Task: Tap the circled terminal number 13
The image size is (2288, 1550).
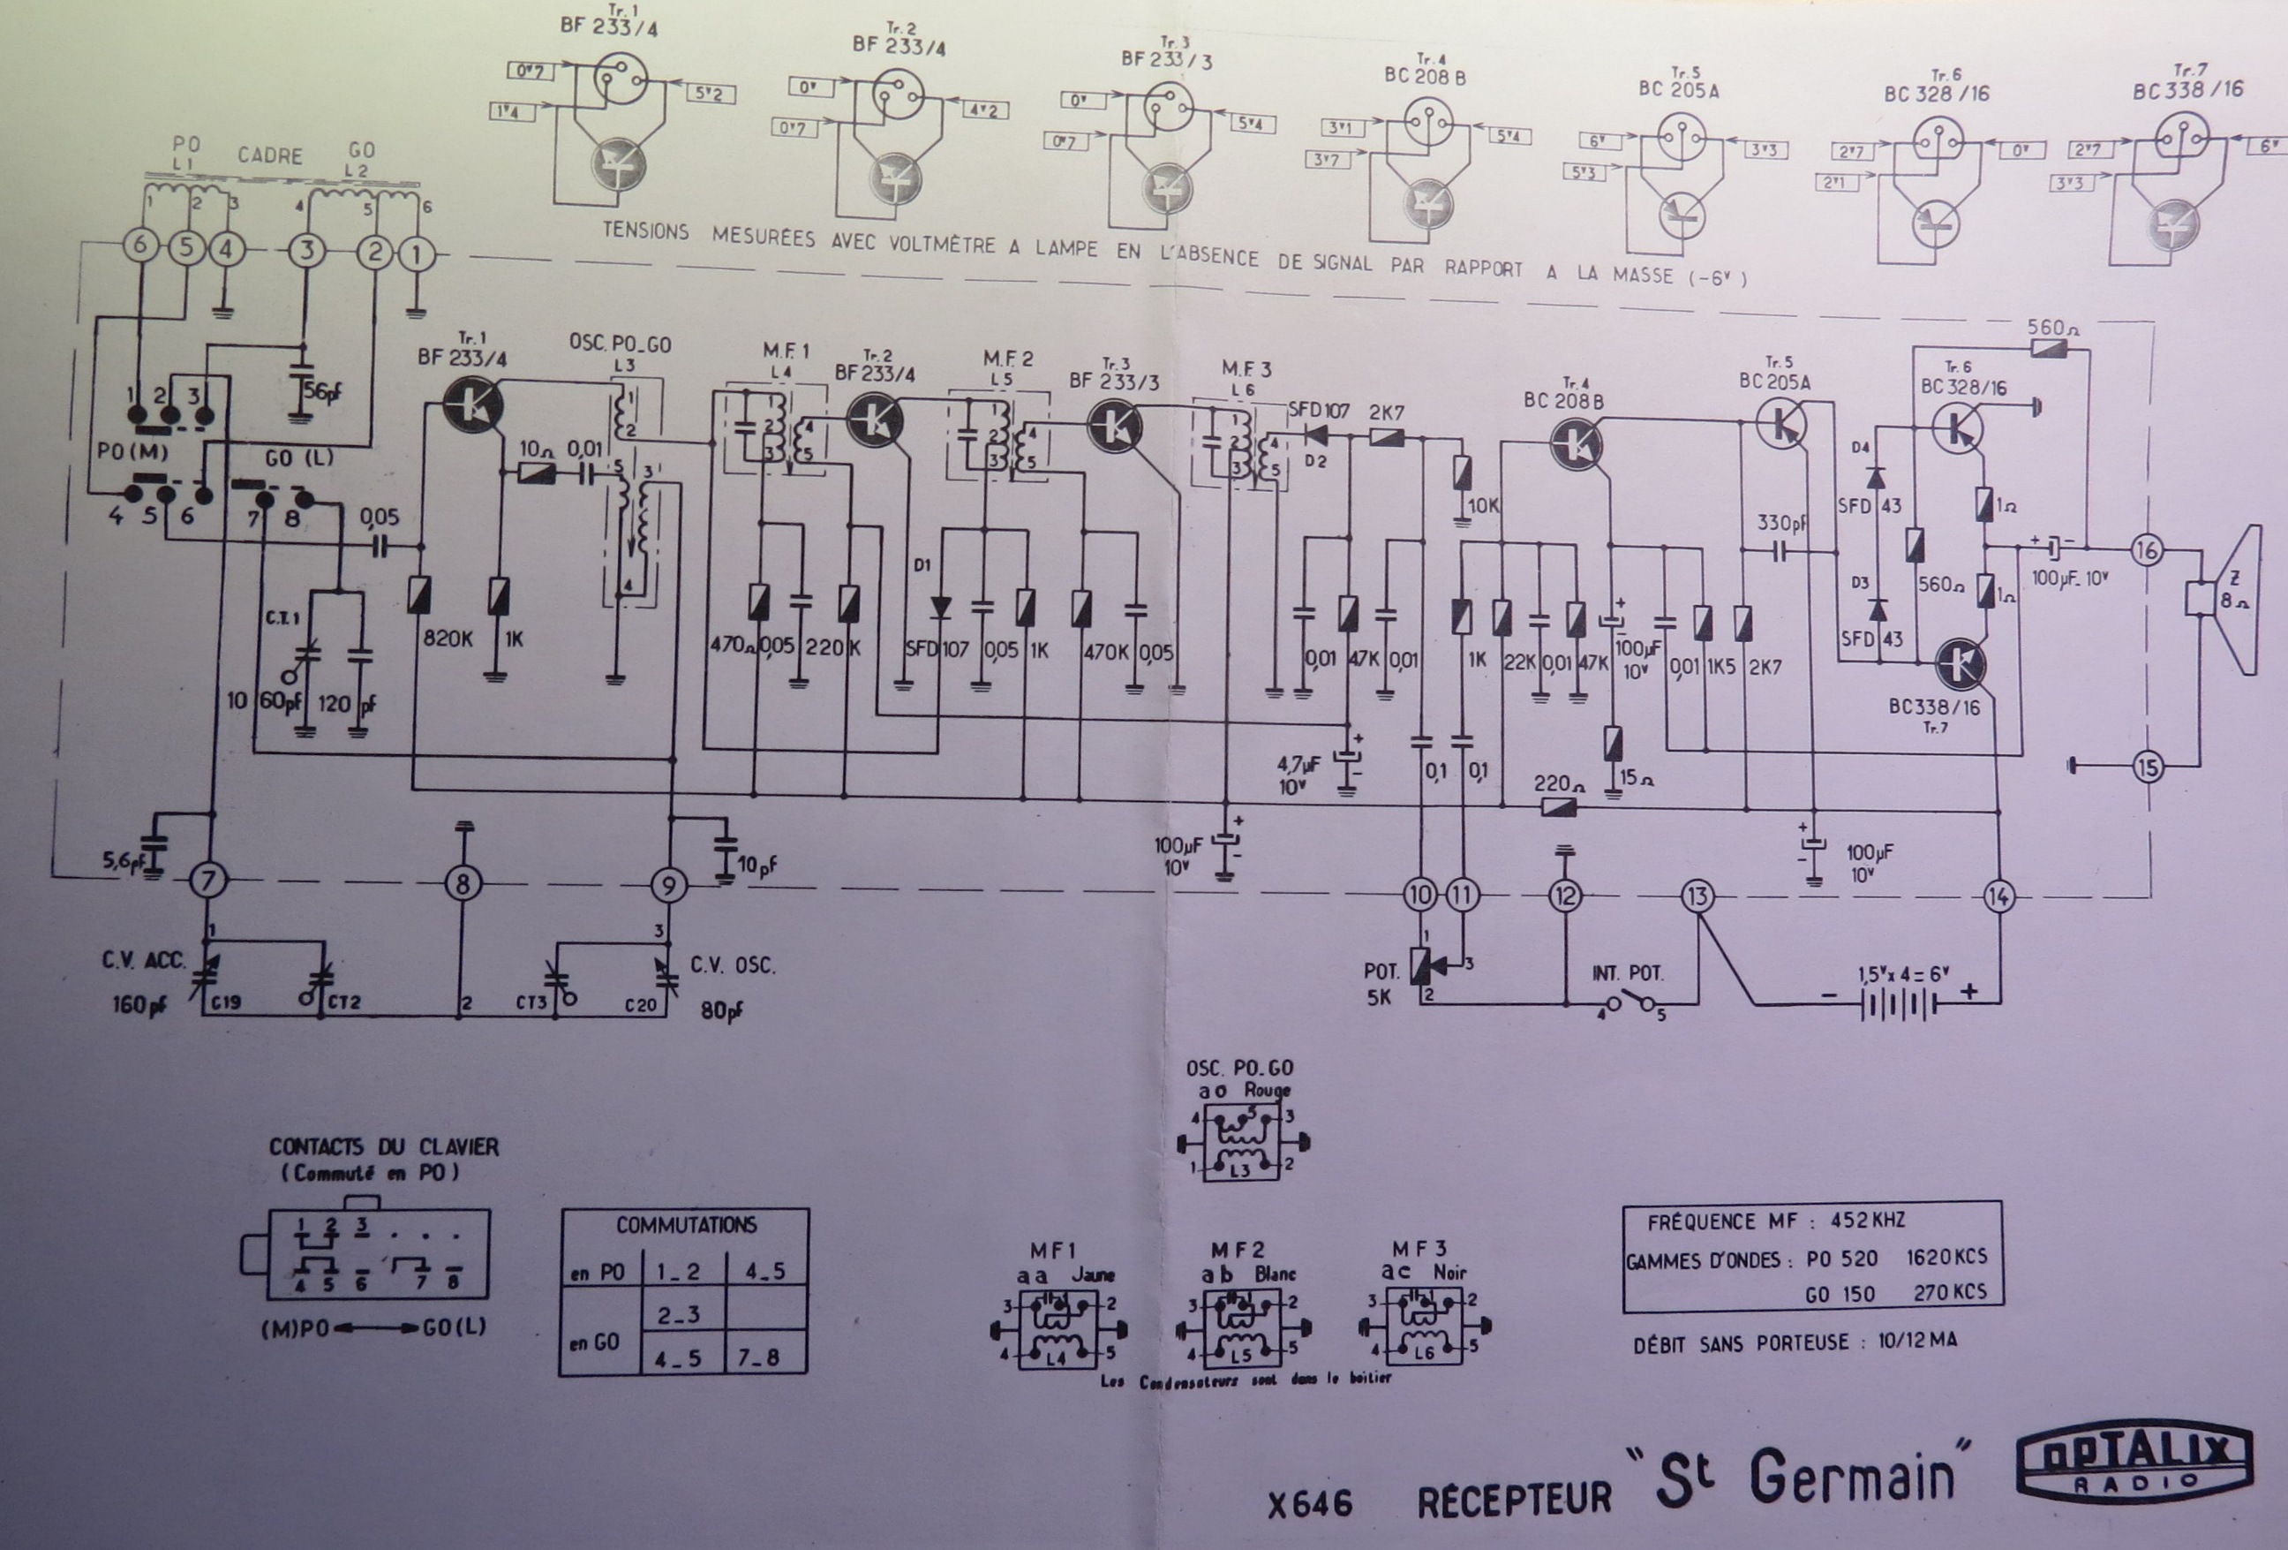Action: (1697, 896)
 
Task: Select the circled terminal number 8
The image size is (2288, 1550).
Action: (463, 883)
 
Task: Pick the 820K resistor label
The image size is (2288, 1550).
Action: (448, 639)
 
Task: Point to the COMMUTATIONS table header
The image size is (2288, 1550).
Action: (686, 1225)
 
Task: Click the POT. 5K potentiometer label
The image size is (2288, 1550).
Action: (1381, 984)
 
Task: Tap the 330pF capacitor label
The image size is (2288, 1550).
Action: (1782, 524)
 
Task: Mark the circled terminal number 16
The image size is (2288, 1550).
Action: (2146, 550)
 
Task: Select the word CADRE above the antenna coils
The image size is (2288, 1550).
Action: (270, 155)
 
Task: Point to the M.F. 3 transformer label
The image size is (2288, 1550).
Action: (1246, 370)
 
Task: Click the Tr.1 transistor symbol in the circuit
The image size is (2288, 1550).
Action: (470, 403)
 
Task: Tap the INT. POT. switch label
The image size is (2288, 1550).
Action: (1628, 973)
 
